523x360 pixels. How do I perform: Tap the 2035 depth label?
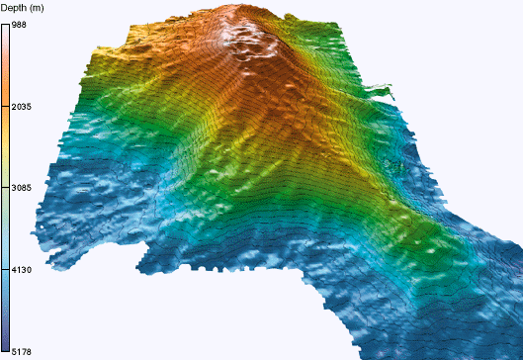[22, 106]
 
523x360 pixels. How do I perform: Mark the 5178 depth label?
[22, 351]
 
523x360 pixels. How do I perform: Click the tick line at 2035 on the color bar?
[6, 106]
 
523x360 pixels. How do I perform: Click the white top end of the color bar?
[6, 27]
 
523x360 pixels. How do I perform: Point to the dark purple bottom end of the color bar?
[6, 348]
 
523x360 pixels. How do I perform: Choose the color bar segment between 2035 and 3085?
[6, 146]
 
